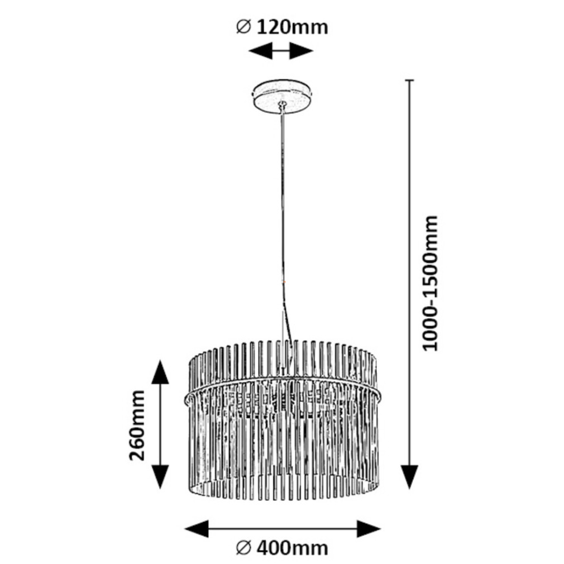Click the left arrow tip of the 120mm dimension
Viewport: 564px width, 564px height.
click(249, 51)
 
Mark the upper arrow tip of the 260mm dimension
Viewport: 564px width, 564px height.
click(160, 360)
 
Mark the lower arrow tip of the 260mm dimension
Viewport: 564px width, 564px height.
click(160, 489)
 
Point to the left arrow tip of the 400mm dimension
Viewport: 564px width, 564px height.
click(184, 529)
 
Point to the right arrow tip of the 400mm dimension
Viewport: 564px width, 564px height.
click(381, 529)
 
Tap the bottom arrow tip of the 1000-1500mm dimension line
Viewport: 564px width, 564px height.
click(409, 489)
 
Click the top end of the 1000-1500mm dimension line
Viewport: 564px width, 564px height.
click(409, 80)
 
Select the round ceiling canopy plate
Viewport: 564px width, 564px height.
click(283, 97)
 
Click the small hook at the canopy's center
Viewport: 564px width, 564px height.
click(283, 104)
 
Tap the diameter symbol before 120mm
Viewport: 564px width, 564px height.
click(243, 27)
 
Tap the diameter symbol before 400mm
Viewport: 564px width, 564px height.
click(243, 548)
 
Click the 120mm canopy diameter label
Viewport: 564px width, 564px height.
click(282, 27)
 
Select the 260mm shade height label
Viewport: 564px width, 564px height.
click(137, 426)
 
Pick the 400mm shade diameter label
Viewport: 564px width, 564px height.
click(282, 548)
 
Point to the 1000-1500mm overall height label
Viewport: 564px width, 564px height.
click(430, 284)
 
